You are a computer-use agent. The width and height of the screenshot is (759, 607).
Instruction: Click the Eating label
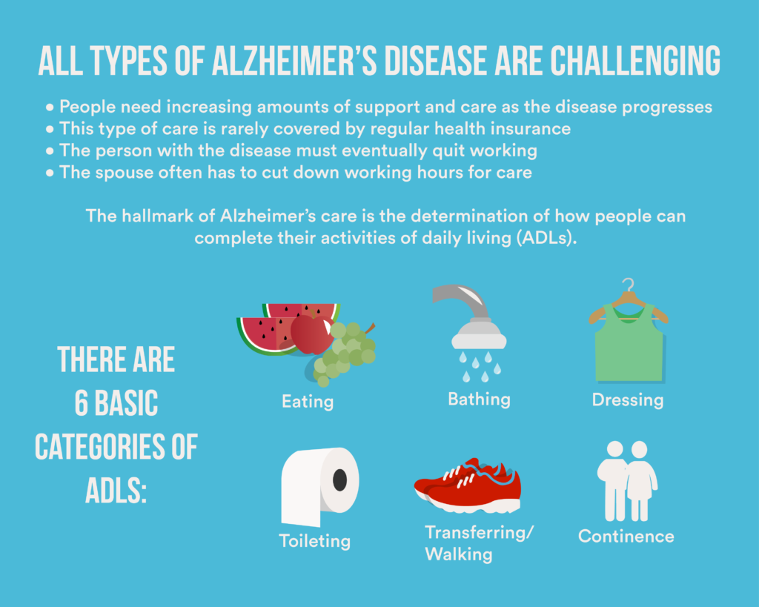pos(308,402)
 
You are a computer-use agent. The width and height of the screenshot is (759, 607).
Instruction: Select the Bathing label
pos(480,399)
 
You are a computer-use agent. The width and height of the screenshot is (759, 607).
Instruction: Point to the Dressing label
pos(628,400)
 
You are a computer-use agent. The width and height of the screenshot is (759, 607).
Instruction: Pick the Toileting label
pos(314,541)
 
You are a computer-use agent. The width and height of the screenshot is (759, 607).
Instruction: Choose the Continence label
pos(626,537)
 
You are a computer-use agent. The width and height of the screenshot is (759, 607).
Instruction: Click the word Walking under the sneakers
pos(459,554)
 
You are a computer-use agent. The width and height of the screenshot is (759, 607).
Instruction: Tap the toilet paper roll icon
pos(320,486)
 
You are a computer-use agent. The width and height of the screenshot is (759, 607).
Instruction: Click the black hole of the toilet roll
pos(339,480)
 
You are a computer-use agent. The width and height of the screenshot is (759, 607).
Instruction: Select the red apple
pos(312,334)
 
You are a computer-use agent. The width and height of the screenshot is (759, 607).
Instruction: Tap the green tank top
pos(629,344)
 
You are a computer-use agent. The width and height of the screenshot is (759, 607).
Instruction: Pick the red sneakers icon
pos(468,485)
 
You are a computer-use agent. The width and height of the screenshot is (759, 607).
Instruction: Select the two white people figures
pos(627,481)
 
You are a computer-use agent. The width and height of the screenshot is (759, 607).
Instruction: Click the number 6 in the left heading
pos(82,403)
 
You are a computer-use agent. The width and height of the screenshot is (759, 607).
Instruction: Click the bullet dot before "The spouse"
pos(50,173)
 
